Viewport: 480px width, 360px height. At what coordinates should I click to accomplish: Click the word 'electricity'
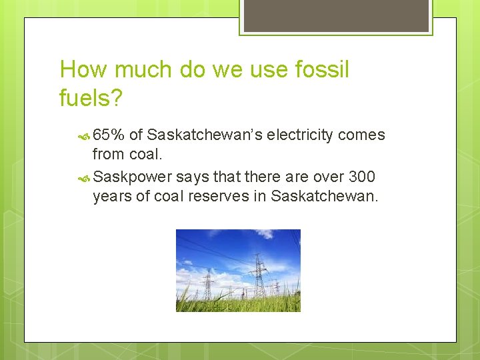pyautogui.click(x=300, y=135)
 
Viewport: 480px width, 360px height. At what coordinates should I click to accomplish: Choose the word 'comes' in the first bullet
pyautogui.click(x=361, y=135)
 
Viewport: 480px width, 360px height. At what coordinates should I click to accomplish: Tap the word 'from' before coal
pyautogui.click(x=107, y=154)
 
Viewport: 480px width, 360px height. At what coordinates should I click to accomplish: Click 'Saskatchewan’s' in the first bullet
pyautogui.click(x=204, y=135)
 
